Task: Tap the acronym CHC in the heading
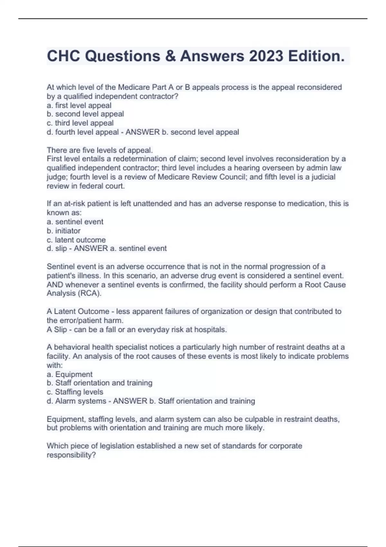coord(63,56)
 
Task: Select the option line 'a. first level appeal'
coord(79,105)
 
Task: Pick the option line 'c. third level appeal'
coord(80,123)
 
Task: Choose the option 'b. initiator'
coord(64,231)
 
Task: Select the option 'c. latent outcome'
coord(76,240)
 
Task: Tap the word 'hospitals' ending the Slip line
coord(210,329)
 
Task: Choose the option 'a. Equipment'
coord(69,374)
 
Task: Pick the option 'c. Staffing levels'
coord(75,392)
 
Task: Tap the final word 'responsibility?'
coord(71,455)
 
